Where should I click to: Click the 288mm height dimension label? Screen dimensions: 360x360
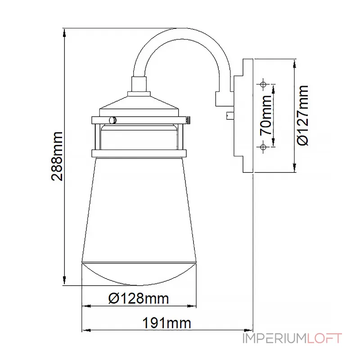click(57, 156)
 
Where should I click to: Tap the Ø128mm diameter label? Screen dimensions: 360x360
click(139, 298)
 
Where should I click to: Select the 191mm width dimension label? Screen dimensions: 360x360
click(166, 323)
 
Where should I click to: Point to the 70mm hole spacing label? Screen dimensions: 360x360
click(266, 115)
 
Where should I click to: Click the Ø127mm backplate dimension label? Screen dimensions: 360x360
click(302, 115)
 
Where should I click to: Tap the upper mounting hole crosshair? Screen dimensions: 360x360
click(263, 84)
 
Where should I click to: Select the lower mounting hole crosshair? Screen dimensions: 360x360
click(263, 147)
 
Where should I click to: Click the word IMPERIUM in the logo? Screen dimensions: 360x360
click(274, 338)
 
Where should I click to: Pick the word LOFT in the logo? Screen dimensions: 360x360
click(324, 338)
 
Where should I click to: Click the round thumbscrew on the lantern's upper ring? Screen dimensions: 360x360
click(112, 120)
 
